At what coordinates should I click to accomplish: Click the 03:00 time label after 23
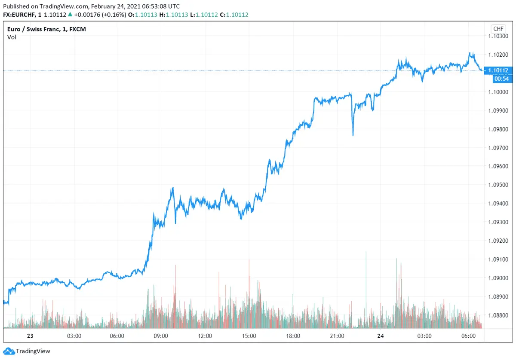(74, 336)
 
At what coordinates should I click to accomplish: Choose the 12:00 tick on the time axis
(205, 336)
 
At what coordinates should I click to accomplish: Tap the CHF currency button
(498, 29)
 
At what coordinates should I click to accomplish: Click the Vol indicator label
(12, 37)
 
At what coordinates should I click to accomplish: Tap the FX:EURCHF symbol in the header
(19, 15)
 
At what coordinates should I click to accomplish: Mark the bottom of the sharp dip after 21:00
(353, 135)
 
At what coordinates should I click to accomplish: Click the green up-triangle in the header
(70, 15)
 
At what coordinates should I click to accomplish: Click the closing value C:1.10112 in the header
(234, 15)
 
